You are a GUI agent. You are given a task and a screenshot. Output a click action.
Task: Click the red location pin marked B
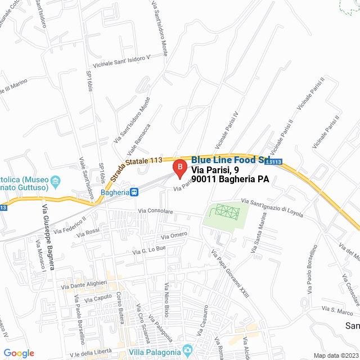point(179,167)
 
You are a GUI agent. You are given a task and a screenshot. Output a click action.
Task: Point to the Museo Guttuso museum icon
point(56,181)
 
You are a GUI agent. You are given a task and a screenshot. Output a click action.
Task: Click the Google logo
point(19,353)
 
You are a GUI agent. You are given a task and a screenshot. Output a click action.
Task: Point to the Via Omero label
point(174,235)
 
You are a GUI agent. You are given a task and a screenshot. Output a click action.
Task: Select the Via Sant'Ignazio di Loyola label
point(272,206)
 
